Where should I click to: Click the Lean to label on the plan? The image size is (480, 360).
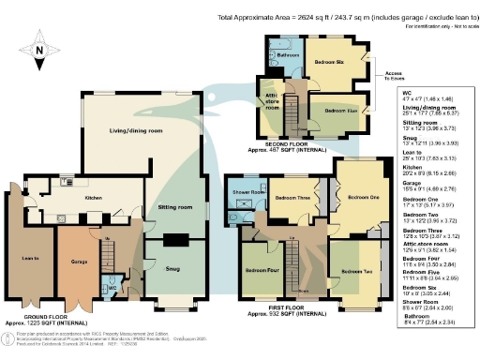pos(28,257)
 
